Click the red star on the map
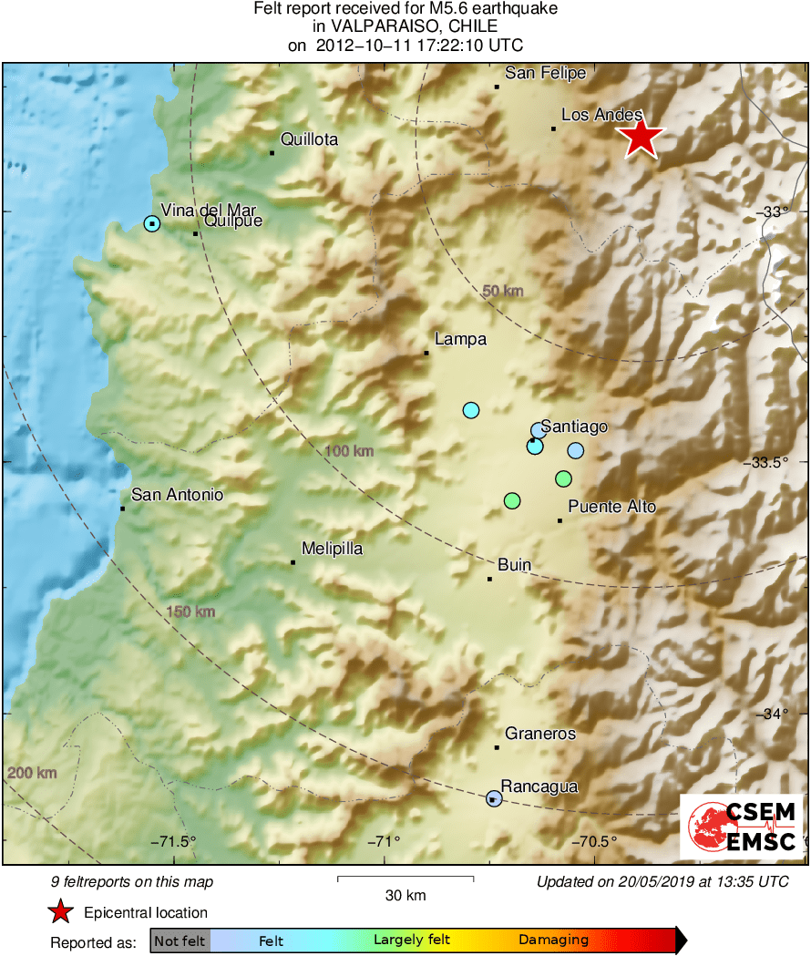coord(642,139)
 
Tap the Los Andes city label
coord(601,115)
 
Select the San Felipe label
coord(546,73)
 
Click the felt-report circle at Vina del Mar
coord(152,223)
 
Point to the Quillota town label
coord(309,139)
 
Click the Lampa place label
coord(460,339)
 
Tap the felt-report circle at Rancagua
coord(494,798)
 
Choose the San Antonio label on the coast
coord(177,495)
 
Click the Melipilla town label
coord(332,549)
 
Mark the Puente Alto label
coord(611,507)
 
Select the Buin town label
coord(514,565)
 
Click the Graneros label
coord(540,733)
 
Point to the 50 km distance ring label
coord(503,291)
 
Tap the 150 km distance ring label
coord(190,611)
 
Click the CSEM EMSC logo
coord(742,827)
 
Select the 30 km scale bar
coord(405,879)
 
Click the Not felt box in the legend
coord(180,941)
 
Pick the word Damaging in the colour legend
coord(553,941)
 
